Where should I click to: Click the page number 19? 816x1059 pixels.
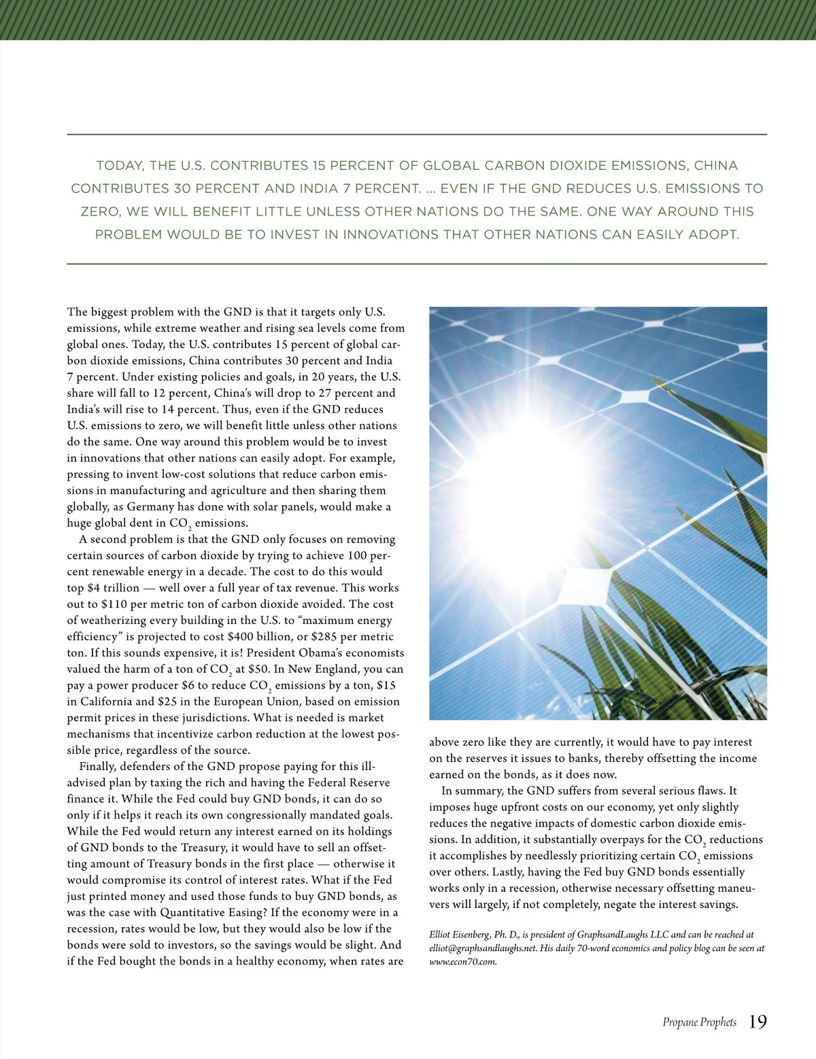pos(758,1022)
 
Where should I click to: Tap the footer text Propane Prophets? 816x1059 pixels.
pos(699,1022)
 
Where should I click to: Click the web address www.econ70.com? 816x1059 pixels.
pos(463,962)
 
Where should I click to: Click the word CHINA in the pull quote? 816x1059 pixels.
pos(716,166)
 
